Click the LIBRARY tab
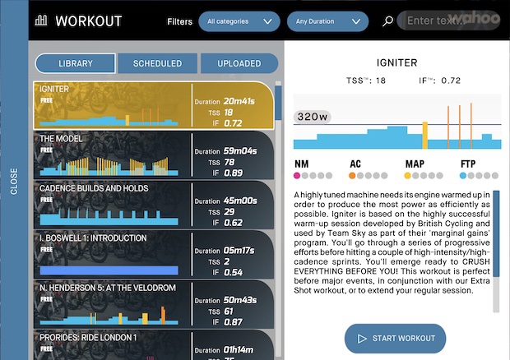pos(76,63)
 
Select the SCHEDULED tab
pos(157,63)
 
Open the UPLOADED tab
pos(239,63)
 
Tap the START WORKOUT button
pos(395,339)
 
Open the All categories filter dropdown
pos(239,21)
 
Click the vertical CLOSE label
pos(14,182)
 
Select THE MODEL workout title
pos(62,139)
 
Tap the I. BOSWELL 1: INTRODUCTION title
pos(93,238)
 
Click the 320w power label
pos(312,117)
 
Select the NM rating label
pos(301,164)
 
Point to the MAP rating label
pos(415,164)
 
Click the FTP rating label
pos(469,164)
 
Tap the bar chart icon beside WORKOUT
pos(42,21)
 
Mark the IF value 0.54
pos(233,272)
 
